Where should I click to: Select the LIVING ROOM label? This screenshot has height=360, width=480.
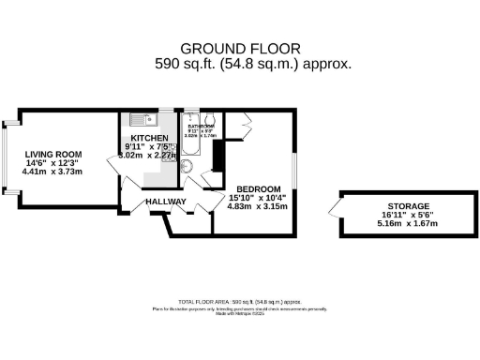tap(53, 154)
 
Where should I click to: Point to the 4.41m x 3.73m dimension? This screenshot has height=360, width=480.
tap(53, 172)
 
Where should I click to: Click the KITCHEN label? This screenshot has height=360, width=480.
tap(150, 138)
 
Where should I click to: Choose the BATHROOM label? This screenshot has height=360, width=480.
tap(202, 125)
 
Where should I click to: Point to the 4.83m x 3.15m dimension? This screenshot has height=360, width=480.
tap(258, 205)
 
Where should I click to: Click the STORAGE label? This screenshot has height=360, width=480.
tap(409, 205)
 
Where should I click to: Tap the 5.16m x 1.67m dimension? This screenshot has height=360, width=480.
tap(409, 224)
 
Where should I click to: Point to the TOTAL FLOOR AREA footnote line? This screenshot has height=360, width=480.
tap(239, 299)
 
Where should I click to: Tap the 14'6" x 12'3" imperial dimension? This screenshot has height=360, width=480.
tap(53, 163)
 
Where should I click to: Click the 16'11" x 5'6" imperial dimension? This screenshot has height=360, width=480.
tap(409, 215)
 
